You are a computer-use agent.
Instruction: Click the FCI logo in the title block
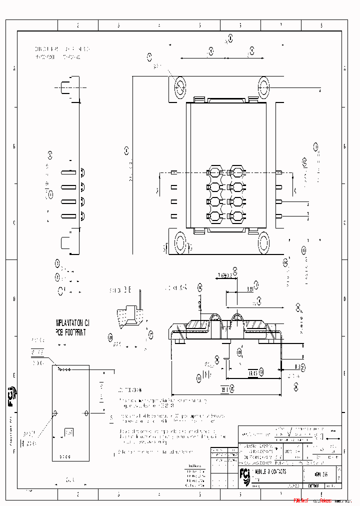click(x=245, y=473)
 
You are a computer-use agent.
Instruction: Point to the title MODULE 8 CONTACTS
click(x=270, y=471)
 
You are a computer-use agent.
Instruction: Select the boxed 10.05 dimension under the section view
click(x=253, y=372)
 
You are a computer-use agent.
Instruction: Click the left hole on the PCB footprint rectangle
click(x=55, y=413)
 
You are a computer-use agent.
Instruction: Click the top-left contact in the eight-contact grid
click(x=215, y=172)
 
